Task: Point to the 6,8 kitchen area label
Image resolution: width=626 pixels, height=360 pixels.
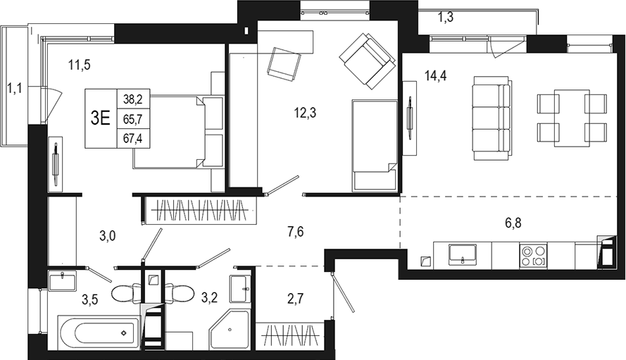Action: tap(513, 223)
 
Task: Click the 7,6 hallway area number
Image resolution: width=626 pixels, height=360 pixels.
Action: tap(296, 230)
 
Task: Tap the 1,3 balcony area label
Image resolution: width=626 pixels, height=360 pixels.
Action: tap(446, 18)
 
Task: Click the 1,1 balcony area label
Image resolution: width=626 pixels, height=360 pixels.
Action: tap(14, 88)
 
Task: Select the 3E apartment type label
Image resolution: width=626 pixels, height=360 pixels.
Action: tap(101, 118)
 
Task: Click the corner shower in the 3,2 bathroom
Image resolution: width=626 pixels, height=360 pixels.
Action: tap(230, 329)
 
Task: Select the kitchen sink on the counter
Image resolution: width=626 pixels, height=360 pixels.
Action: tap(462, 252)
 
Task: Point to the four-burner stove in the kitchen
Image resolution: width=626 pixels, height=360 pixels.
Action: tap(534, 254)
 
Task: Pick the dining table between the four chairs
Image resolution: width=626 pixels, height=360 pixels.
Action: tap(571, 117)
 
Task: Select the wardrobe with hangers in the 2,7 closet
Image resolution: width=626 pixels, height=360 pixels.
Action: tap(289, 333)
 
